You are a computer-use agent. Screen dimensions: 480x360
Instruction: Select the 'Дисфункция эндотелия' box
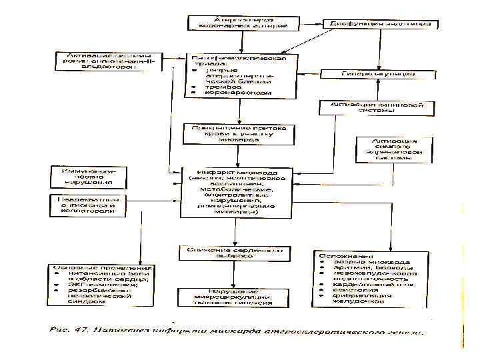pos(381,23)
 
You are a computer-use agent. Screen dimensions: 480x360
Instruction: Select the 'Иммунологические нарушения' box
pos(87,177)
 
